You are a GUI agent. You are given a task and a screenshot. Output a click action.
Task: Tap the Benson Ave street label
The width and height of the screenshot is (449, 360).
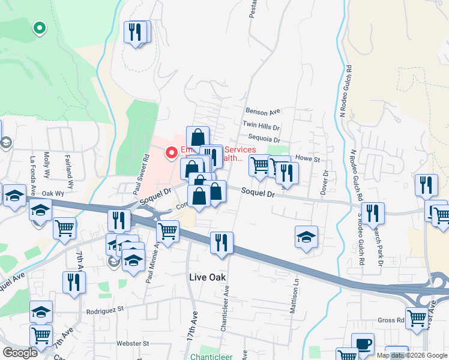pyautogui.click(x=264, y=111)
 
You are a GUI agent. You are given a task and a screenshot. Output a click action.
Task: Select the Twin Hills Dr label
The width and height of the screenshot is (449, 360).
pyautogui.click(x=261, y=127)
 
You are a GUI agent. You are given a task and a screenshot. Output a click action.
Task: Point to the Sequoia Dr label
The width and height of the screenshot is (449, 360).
pyautogui.click(x=264, y=139)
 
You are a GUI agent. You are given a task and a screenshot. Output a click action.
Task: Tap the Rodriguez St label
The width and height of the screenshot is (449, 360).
pyautogui.click(x=104, y=310)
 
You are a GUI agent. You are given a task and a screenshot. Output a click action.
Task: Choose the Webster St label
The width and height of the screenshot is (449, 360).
pyautogui.click(x=133, y=343)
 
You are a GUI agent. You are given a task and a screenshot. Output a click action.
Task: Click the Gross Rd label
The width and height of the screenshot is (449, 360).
pyautogui.click(x=391, y=320)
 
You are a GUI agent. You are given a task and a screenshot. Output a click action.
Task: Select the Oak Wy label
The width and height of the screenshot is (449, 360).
pyautogui.click(x=53, y=194)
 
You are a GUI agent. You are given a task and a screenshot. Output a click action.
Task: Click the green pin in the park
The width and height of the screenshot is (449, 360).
pyautogui.click(x=40, y=28)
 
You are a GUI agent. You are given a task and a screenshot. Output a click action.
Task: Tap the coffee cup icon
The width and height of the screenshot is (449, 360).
pyautogui.click(x=363, y=344)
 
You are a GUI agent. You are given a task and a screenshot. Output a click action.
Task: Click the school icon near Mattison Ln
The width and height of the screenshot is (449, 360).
pyautogui.click(x=306, y=236)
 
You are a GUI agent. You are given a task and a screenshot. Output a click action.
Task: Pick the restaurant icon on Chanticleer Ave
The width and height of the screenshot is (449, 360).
pyautogui.click(x=221, y=242)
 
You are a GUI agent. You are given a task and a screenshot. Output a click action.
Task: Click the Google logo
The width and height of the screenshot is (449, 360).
pyautogui.click(x=20, y=353)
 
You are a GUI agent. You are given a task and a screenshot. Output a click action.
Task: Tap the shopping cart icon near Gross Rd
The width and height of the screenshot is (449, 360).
pyautogui.click(x=417, y=318)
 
